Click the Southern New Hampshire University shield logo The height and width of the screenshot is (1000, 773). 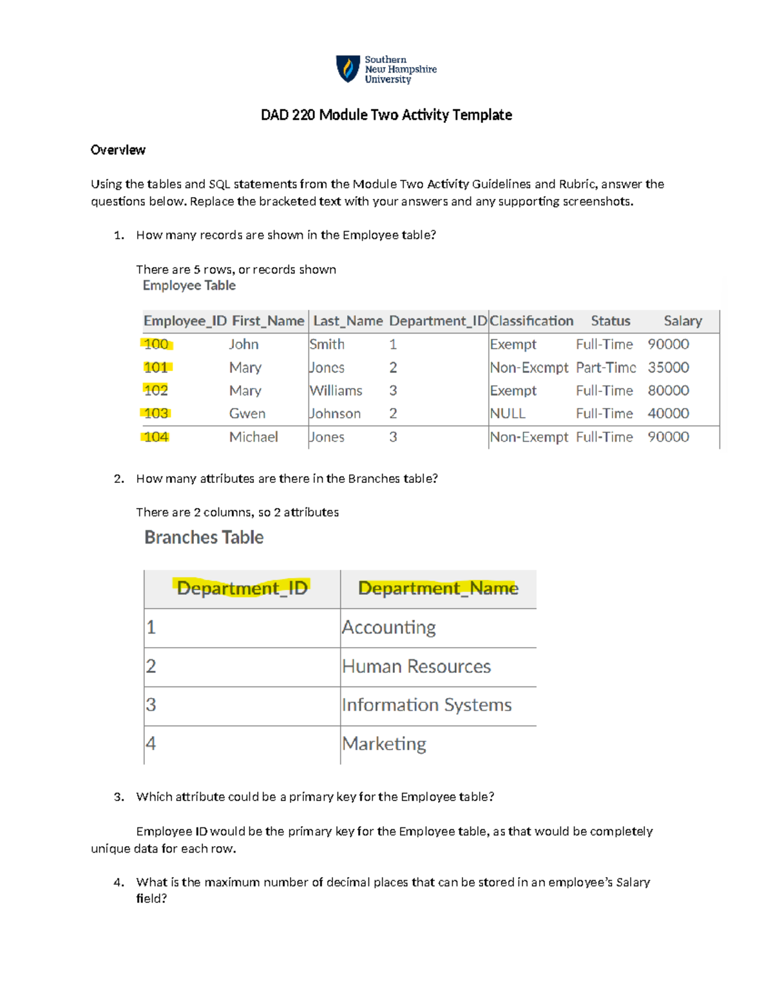click(348, 69)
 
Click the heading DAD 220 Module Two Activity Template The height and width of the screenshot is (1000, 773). click(386, 115)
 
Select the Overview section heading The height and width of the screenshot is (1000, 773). click(118, 150)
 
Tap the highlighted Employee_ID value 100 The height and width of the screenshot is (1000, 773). click(156, 344)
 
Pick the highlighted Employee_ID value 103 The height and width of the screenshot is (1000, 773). click(156, 413)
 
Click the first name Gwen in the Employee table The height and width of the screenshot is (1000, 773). click(247, 413)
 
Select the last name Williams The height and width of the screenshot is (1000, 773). click(336, 391)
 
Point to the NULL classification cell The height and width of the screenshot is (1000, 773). click(508, 413)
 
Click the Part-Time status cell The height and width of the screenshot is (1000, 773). click(606, 368)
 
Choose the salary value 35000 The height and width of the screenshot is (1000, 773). click(668, 368)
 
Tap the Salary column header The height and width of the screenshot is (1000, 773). click(682, 321)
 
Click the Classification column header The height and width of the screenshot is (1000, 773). click(531, 321)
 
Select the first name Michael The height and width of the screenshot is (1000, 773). click(253, 437)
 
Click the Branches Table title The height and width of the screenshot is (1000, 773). click(204, 538)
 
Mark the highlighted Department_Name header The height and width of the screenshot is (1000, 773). click(438, 589)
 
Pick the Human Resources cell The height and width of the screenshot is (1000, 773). click(416, 666)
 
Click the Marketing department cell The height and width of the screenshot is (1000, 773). click(384, 744)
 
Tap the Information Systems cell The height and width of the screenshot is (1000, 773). click(426, 705)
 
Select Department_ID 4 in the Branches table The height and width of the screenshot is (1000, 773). click(151, 744)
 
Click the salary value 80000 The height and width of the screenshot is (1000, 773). click(668, 391)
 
